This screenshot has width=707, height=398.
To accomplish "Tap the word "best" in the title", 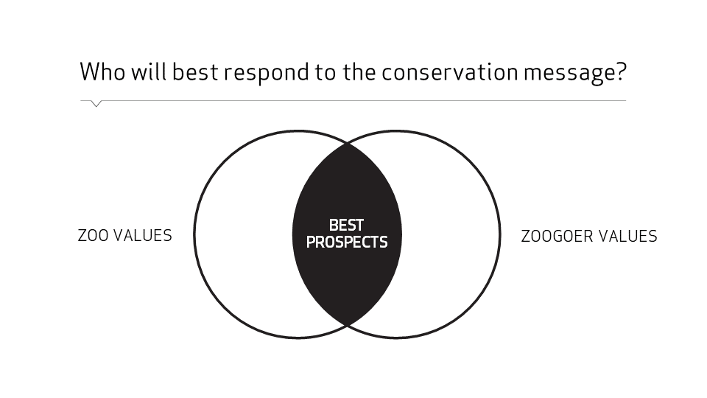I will click(x=193, y=72).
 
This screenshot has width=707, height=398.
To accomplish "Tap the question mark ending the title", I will click(x=620, y=72).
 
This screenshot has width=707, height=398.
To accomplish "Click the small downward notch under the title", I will click(x=96, y=104).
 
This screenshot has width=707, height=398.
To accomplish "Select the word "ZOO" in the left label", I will click(x=93, y=236).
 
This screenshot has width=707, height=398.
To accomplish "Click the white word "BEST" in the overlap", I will click(x=346, y=226).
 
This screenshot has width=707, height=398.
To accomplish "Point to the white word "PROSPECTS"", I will click(x=347, y=242).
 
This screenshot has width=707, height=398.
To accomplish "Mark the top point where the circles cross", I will click(x=347, y=144).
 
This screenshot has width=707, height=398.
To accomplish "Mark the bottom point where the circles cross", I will click(x=347, y=324).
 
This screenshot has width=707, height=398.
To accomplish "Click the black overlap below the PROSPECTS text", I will click(x=347, y=284).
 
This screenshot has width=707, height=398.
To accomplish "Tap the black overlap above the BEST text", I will click(x=347, y=184).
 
